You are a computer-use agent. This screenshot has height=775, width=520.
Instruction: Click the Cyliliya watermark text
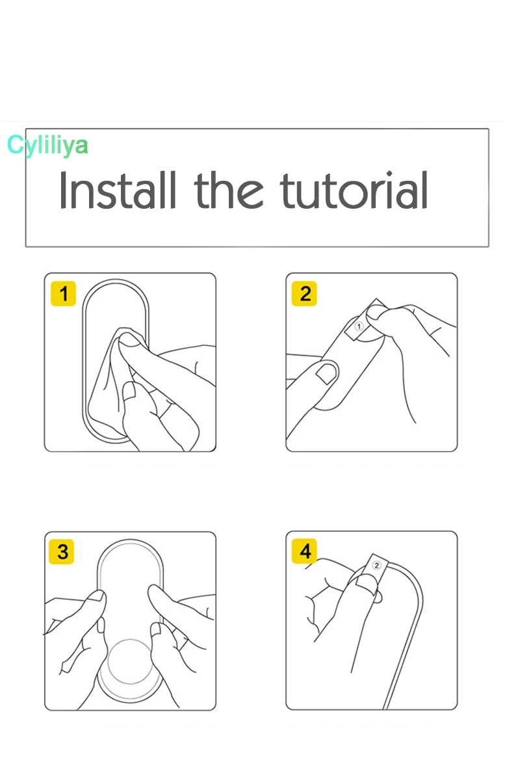[x=47, y=146]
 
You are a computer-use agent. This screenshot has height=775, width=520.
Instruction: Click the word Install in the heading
[x=118, y=190]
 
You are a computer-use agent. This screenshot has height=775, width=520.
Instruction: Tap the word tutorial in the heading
[x=354, y=190]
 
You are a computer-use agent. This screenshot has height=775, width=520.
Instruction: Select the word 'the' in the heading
[x=228, y=190]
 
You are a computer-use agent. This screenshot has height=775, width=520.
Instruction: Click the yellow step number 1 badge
[x=63, y=294]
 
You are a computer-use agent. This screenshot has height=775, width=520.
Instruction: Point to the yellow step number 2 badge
[x=304, y=294]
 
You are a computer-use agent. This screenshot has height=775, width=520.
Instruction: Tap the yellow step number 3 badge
[x=62, y=551]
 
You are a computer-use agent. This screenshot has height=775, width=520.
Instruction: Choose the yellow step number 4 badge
[x=304, y=551]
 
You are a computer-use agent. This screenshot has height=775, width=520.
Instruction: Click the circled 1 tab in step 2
[x=359, y=326]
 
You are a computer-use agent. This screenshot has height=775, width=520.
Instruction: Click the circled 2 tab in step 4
[x=376, y=566]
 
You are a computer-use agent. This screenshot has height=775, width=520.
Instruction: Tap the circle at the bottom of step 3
[x=130, y=663]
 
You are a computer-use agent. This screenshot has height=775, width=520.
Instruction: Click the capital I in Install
[x=62, y=190]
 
